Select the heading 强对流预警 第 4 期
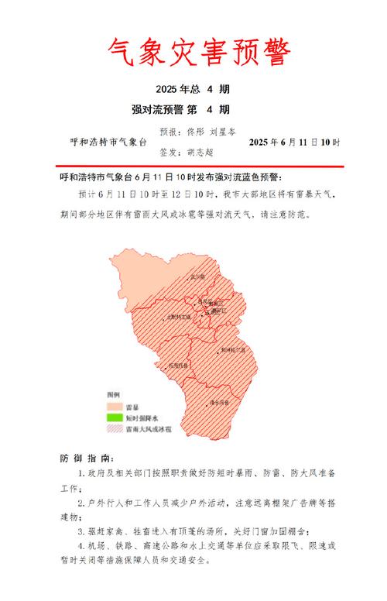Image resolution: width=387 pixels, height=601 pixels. pos(193,108)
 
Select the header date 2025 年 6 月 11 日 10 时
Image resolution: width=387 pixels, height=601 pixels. pos(294,143)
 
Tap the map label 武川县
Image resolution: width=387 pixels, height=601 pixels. pos(197,276)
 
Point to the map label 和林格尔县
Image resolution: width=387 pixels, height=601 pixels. pos(233,350)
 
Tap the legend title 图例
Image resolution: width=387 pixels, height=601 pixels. pos(113,396)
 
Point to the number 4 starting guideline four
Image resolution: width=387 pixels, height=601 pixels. pos(82,544)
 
